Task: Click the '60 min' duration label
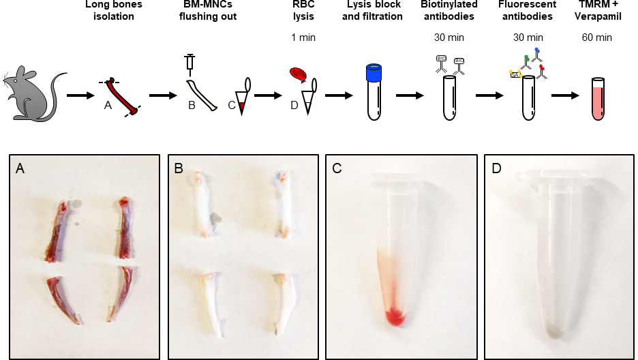tap(605, 37)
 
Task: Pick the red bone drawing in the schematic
tap(123, 95)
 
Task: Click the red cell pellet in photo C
tap(393, 316)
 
